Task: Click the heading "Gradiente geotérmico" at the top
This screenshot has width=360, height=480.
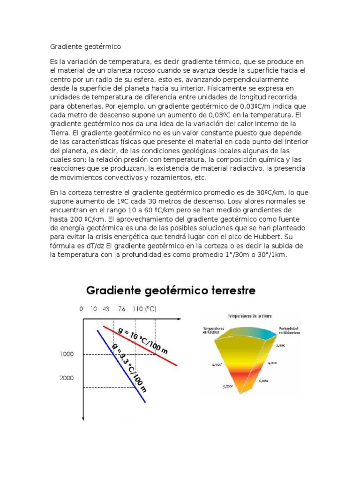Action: click(x=85, y=47)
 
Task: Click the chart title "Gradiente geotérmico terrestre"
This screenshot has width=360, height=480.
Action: click(x=171, y=291)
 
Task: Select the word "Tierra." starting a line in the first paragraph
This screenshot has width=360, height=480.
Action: click(x=61, y=132)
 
